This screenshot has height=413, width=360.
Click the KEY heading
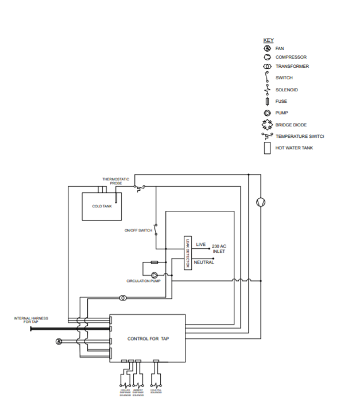coord(268,40)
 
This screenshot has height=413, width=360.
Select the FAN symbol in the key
coord(267,49)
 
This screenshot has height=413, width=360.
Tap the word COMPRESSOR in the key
coord(291,57)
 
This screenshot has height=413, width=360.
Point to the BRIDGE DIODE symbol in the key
coord(267,125)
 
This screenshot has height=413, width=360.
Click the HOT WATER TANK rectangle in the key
coord(267,148)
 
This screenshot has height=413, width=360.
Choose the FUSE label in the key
coord(281,102)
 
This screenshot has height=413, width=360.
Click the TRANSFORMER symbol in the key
coord(267,67)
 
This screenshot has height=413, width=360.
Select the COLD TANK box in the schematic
coord(102,206)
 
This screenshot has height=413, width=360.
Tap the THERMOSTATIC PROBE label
coord(112,181)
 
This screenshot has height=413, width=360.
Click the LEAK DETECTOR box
coord(187,253)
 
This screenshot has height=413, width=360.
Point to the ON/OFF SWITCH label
coord(138,230)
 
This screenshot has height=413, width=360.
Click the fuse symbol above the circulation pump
coord(154,262)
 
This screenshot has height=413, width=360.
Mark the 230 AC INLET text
coord(219,248)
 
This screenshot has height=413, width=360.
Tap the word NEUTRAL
coord(203,263)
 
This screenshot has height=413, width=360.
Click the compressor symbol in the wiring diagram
coord(260,202)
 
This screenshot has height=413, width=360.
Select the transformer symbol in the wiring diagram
coord(122,299)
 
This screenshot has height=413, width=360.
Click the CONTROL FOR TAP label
coord(148,339)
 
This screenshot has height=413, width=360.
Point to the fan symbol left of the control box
coord(59,341)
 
